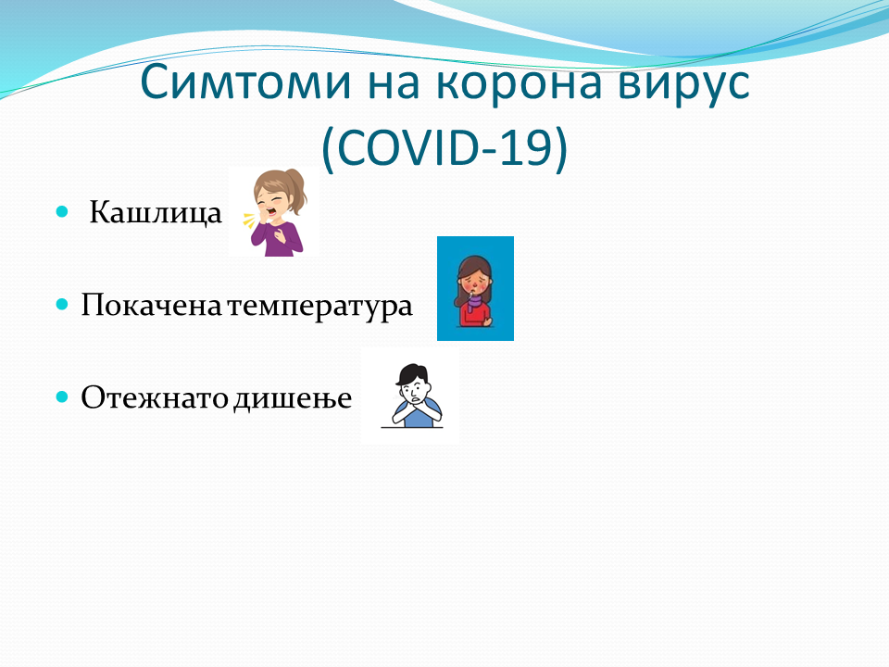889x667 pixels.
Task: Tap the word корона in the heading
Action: (x=520, y=82)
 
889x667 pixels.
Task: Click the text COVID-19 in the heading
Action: (x=444, y=147)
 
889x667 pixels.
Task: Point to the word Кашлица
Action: (x=156, y=213)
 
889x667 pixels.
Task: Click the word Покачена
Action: (x=151, y=305)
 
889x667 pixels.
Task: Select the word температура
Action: (x=319, y=307)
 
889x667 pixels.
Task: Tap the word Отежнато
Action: (x=155, y=397)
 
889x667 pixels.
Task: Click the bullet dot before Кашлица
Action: (x=62, y=212)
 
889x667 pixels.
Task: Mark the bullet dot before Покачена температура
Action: (x=62, y=305)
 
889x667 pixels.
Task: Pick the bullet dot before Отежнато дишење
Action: (x=62, y=396)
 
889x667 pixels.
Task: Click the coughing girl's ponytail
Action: (x=296, y=190)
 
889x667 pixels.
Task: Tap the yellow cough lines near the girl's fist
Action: (x=248, y=220)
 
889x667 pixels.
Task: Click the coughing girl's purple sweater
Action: (x=278, y=238)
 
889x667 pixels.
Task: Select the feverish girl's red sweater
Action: (x=475, y=315)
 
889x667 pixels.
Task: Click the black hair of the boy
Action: (x=413, y=374)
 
